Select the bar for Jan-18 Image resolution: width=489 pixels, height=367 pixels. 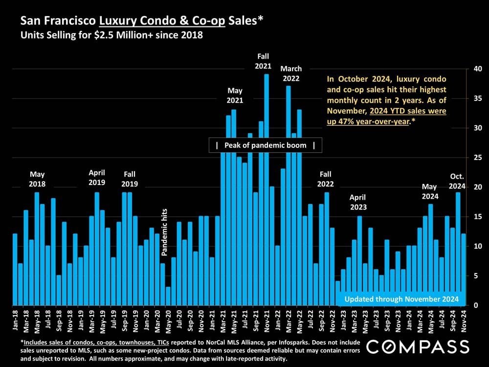15,269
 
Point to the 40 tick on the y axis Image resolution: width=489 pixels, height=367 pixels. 472,69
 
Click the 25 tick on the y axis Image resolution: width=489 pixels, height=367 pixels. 472,158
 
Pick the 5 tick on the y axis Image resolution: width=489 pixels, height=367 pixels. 472,276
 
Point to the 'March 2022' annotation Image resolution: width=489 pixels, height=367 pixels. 291,73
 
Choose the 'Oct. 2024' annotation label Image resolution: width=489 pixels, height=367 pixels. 457,182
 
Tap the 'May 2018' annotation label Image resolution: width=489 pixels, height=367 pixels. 37,179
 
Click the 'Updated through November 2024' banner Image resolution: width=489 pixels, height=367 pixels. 401,299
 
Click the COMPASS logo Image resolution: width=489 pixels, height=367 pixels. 418,347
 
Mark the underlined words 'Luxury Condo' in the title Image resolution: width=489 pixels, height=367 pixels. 126,22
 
